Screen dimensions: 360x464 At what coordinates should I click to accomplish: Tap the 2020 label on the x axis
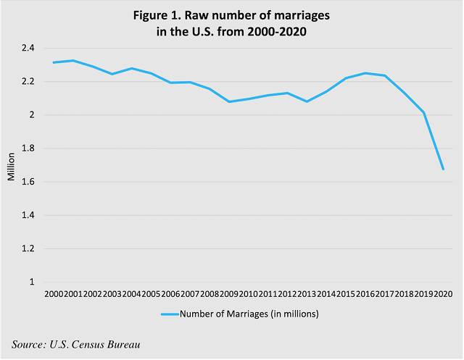(x=442, y=294)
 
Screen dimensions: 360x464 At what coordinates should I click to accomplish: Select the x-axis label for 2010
(x=248, y=294)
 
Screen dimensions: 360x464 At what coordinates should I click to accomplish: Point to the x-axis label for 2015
(x=345, y=294)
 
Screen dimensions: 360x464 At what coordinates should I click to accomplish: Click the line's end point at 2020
(x=442, y=169)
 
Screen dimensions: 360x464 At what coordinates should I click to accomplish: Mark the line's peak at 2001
(x=73, y=61)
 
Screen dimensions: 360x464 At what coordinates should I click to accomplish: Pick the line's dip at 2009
(x=228, y=101)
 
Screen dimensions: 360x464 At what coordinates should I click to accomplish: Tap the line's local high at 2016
(x=365, y=73)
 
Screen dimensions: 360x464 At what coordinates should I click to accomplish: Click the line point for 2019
(x=423, y=112)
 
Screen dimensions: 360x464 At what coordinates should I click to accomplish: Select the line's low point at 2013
(x=307, y=101)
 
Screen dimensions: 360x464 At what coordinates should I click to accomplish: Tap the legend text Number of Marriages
(x=249, y=314)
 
